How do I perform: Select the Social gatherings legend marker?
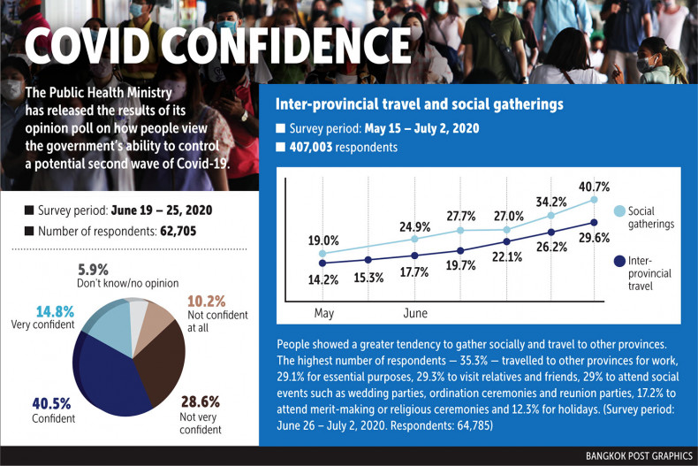[x=620, y=210]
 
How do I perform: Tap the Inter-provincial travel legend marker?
[x=620, y=262]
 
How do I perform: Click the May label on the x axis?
[x=323, y=313]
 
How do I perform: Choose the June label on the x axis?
[x=414, y=313]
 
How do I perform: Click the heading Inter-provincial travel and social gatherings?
[x=420, y=104]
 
